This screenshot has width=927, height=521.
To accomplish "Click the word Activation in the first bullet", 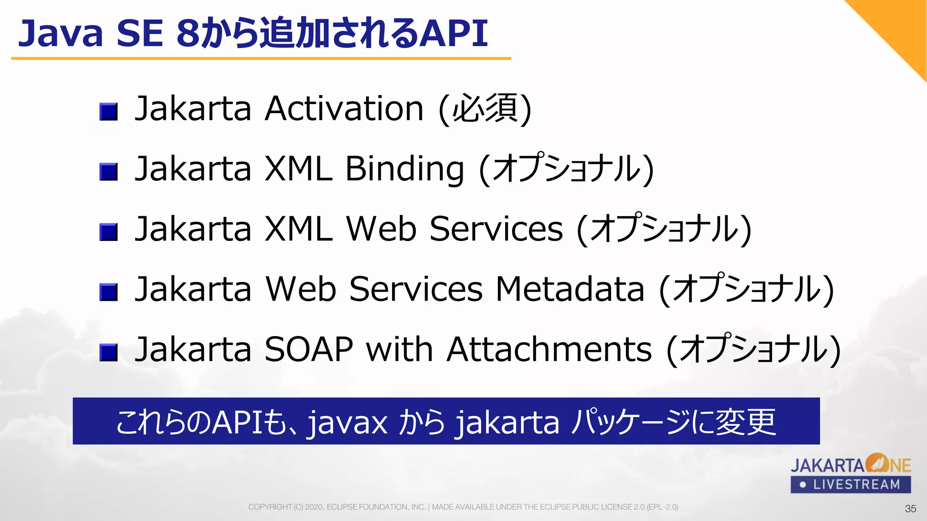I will (x=344, y=109).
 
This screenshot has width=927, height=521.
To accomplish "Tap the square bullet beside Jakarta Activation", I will (x=109, y=111).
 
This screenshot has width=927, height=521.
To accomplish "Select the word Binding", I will (x=404, y=169).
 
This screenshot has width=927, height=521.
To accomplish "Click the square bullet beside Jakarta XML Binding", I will (x=109, y=172).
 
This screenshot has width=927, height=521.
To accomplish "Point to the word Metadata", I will (x=570, y=289).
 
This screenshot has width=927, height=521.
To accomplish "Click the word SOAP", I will (x=308, y=349).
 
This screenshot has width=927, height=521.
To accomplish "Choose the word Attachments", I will (x=549, y=349).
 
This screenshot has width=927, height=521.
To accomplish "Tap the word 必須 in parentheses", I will (x=485, y=109).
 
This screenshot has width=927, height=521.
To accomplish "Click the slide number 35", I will (x=910, y=509).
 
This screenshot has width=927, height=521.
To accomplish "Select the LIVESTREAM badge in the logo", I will (x=851, y=485).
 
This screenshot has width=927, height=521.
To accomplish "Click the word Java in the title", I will (x=61, y=33).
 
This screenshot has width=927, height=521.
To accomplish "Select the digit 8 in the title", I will (x=188, y=33).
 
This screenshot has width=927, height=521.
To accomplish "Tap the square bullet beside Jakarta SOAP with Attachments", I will (x=109, y=352).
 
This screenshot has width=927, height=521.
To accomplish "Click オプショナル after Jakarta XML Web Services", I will (x=664, y=229).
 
